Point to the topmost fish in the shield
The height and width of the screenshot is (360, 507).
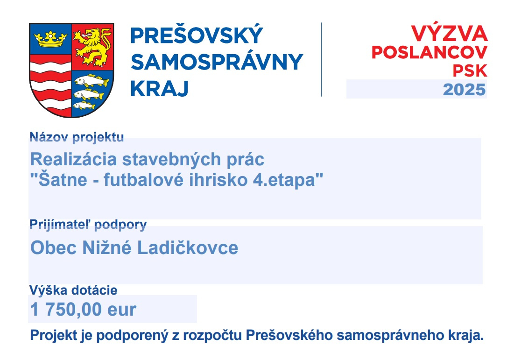(x=92, y=80)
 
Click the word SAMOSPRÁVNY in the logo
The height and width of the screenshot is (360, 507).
(x=217, y=62)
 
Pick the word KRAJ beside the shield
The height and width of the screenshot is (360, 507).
(x=159, y=88)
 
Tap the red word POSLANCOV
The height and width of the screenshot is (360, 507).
(x=430, y=52)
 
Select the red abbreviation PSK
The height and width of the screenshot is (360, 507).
(x=470, y=71)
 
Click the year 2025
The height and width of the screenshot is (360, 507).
(x=465, y=90)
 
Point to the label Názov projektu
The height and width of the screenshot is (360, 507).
(x=77, y=137)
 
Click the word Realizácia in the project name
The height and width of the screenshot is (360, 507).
(x=73, y=159)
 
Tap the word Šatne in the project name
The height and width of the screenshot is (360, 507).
(x=63, y=179)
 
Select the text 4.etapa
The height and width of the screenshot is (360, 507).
(x=284, y=180)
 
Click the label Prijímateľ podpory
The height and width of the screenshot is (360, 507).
(x=88, y=225)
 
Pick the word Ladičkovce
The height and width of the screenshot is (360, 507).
(x=188, y=248)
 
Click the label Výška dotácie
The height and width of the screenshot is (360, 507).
(x=73, y=290)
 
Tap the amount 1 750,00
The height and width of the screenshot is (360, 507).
(x=66, y=310)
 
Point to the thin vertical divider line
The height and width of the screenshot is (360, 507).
(x=321, y=59)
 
